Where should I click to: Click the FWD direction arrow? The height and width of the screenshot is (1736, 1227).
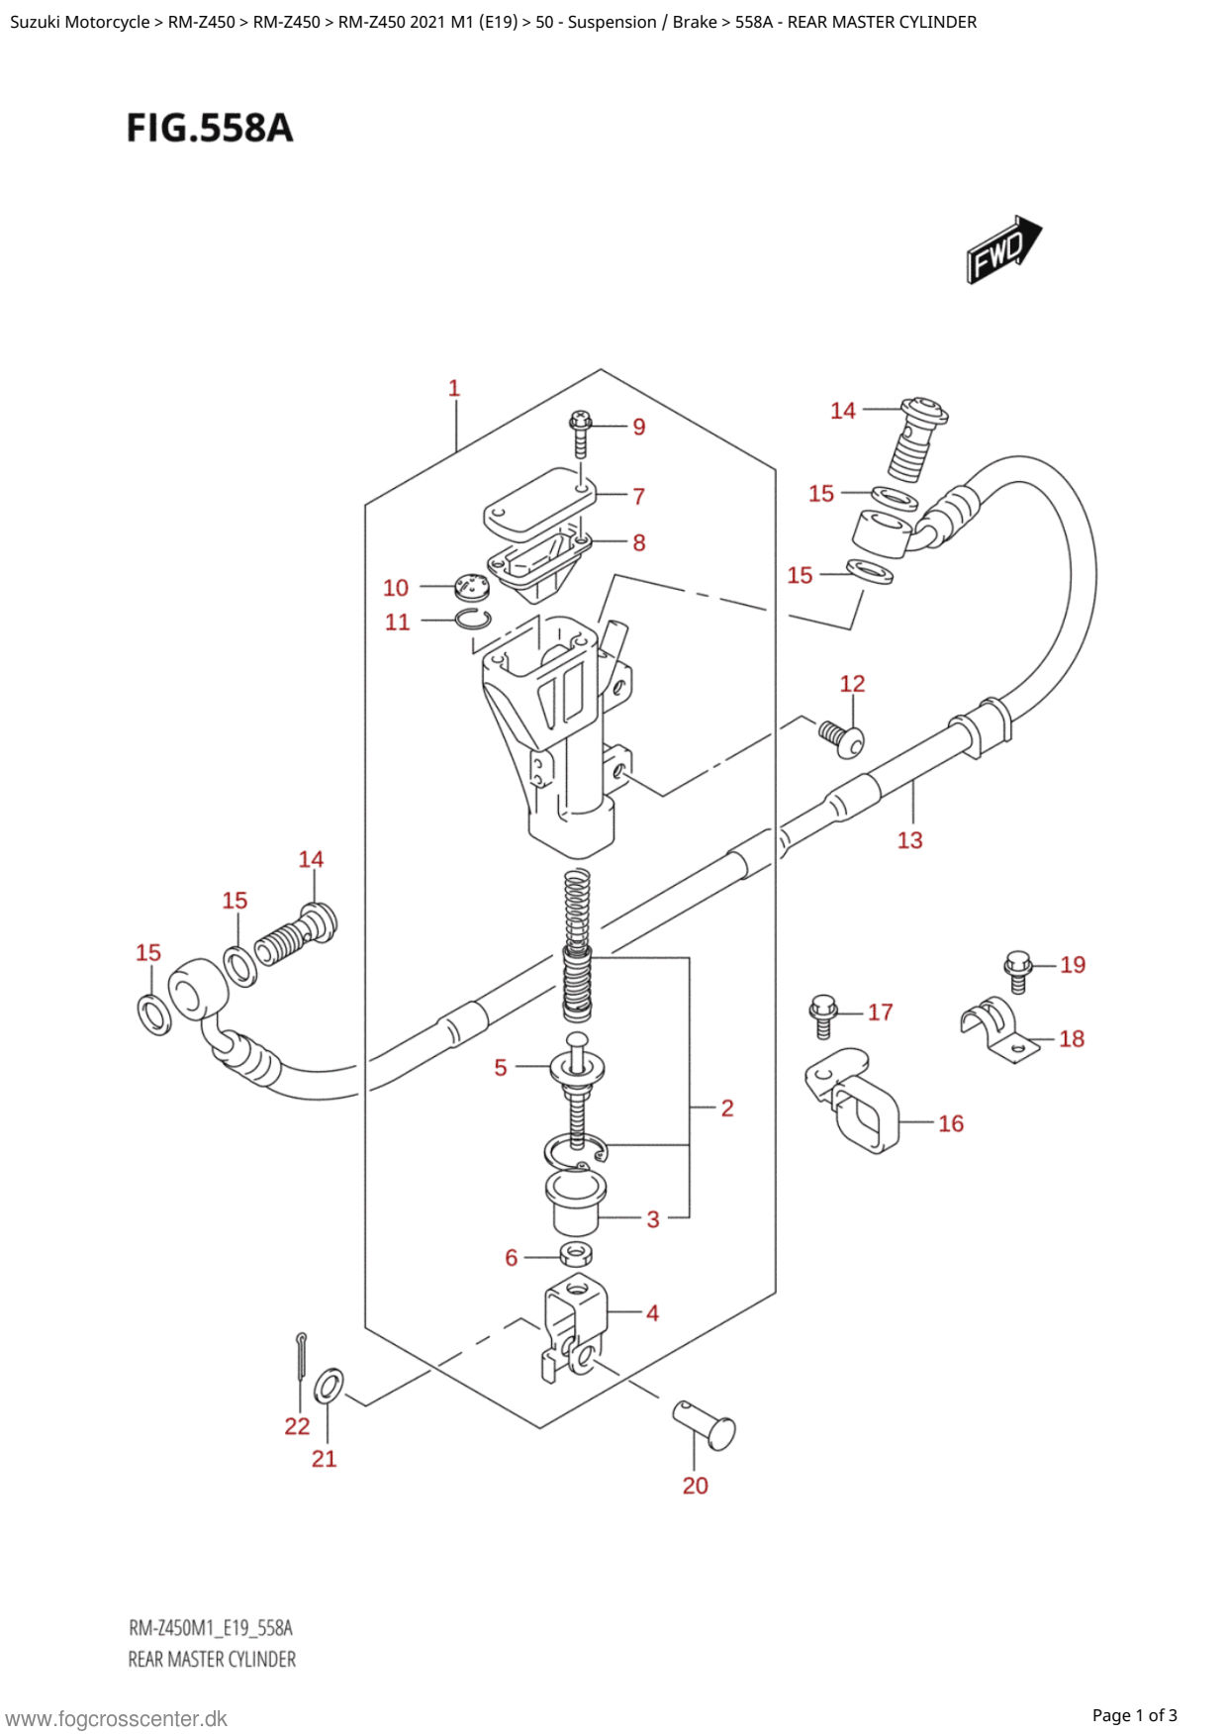(x=1003, y=249)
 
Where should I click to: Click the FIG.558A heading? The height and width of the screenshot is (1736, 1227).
(x=210, y=129)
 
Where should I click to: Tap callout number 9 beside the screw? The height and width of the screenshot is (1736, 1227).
(x=639, y=427)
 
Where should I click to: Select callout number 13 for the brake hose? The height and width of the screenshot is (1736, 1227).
(x=909, y=840)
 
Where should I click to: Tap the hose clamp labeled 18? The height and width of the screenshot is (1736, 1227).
(x=1000, y=1029)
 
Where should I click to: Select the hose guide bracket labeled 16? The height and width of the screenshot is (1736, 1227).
(x=852, y=1101)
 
